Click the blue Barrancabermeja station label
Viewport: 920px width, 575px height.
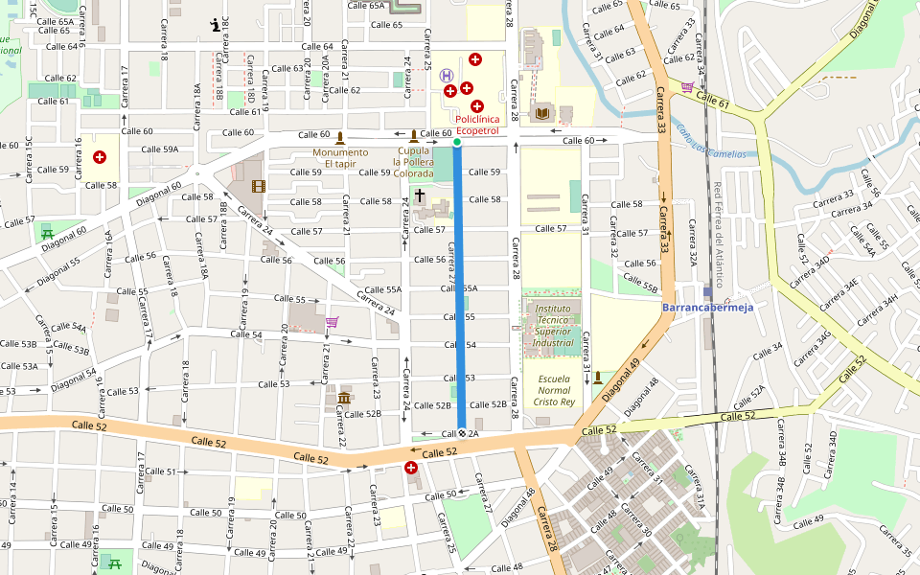tap(708, 308)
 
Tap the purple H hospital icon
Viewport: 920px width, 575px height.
tap(447, 75)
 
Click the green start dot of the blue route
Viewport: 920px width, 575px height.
tap(457, 143)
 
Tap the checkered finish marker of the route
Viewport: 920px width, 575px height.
tap(461, 433)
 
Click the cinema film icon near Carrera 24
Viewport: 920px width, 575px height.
tap(257, 186)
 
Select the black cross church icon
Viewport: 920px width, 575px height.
tap(419, 195)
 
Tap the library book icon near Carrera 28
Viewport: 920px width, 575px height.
tap(542, 114)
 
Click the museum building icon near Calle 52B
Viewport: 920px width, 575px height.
tap(344, 398)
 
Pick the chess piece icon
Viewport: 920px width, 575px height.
tap(214, 26)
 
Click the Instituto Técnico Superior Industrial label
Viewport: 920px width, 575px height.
tap(554, 326)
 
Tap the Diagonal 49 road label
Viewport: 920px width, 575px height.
tap(621, 379)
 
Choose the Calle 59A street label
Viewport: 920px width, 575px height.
tap(160, 149)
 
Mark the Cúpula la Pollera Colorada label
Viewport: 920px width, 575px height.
tap(413, 163)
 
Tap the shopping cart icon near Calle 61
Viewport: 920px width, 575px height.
tap(686, 86)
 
